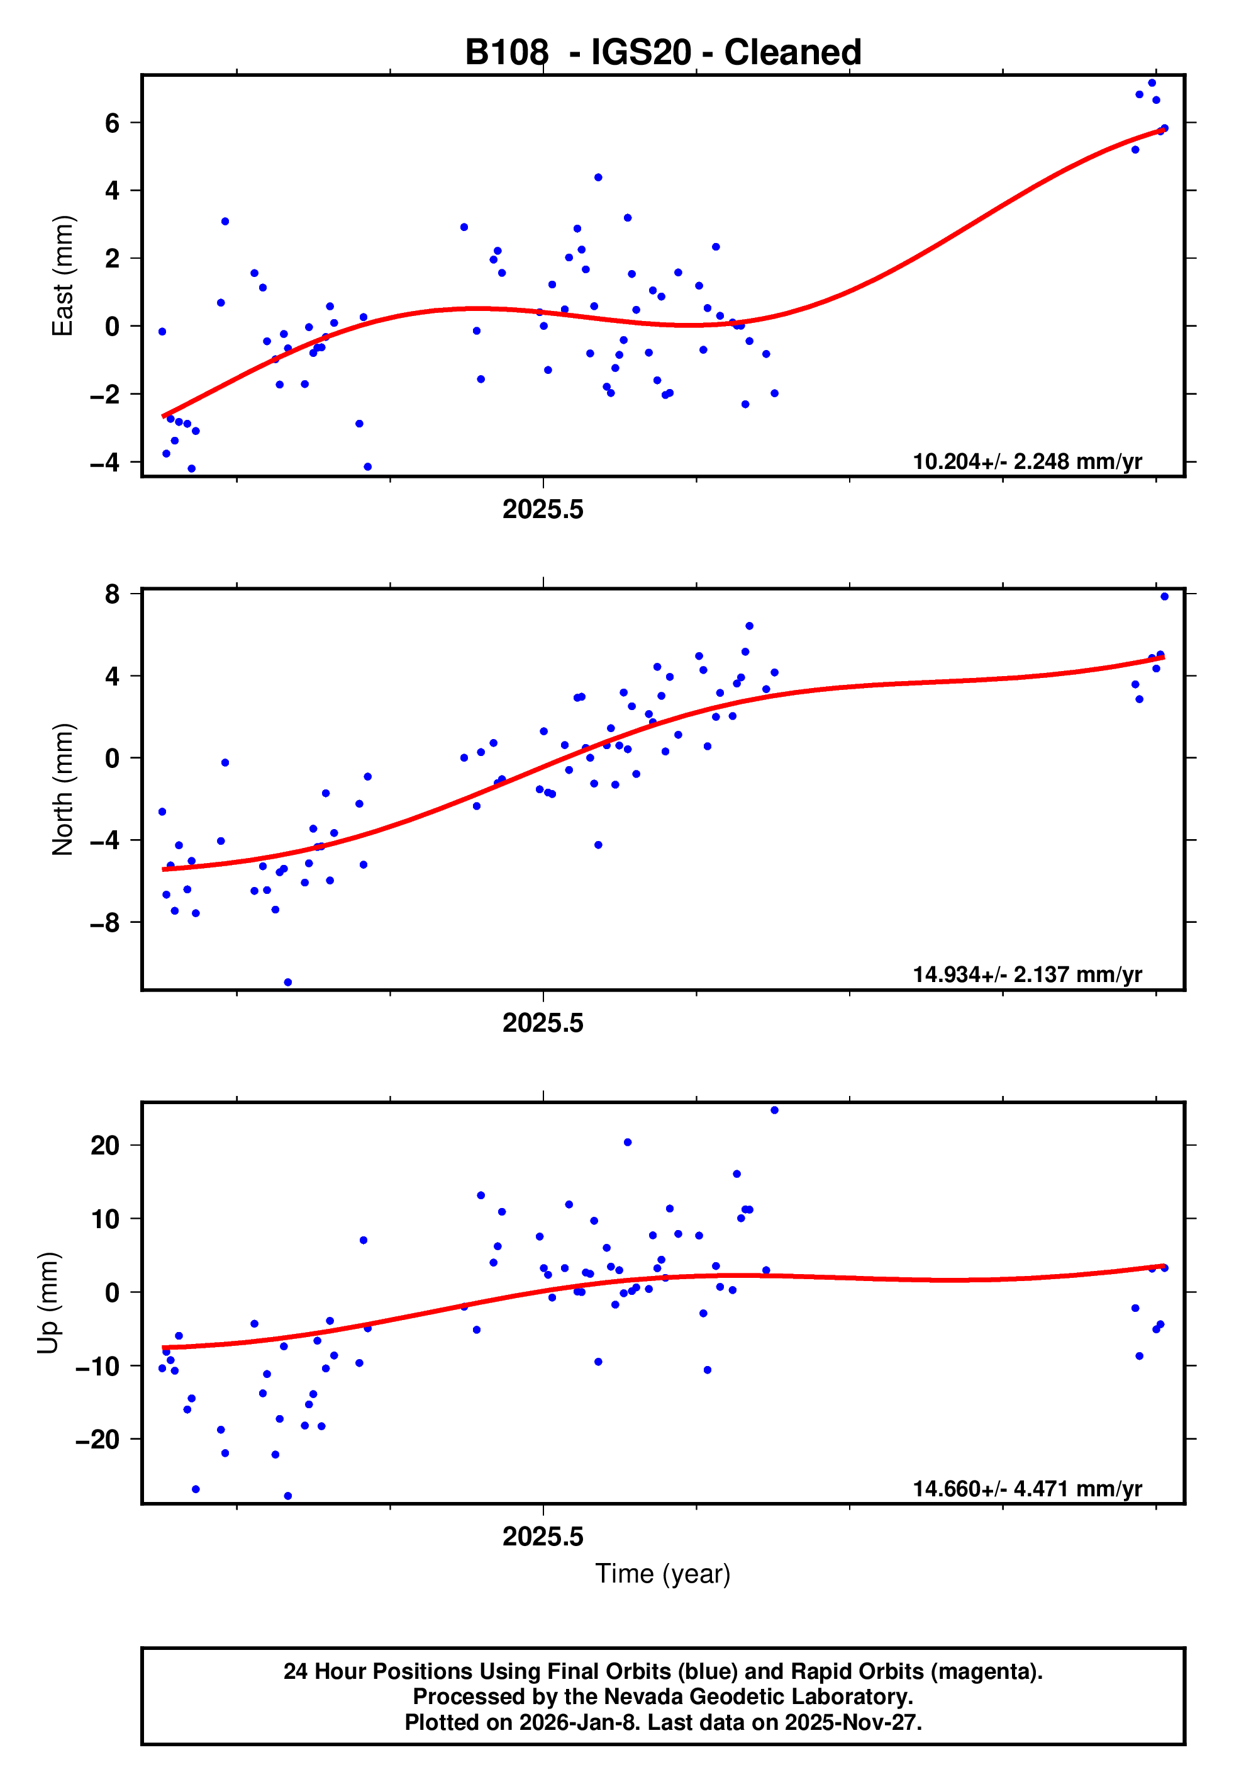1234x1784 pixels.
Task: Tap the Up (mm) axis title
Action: click(x=48, y=1303)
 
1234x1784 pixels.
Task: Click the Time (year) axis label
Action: click(x=663, y=1574)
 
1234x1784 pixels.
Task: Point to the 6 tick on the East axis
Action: click(x=113, y=123)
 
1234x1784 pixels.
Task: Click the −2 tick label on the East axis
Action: click(x=105, y=395)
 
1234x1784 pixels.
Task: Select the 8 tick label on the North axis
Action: click(x=113, y=594)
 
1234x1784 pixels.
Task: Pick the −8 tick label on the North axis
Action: click(x=105, y=922)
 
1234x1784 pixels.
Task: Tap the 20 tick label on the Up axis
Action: click(x=105, y=1145)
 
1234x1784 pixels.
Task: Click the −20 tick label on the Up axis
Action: click(x=97, y=1439)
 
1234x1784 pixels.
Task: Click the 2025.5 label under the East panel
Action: click(x=543, y=510)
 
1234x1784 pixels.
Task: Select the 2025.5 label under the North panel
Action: click(x=543, y=1024)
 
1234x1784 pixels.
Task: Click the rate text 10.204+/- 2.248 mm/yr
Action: click(x=1027, y=462)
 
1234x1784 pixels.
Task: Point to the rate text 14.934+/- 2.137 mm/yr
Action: click(x=1027, y=974)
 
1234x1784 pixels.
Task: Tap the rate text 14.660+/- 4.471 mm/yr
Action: click(x=1027, y=1489)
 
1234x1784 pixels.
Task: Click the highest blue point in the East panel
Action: click(x=1152, y=82)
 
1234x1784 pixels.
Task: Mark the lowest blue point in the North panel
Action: click(x=287, y=983)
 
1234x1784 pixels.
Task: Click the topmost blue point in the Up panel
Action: click(x=775, y=1110)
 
